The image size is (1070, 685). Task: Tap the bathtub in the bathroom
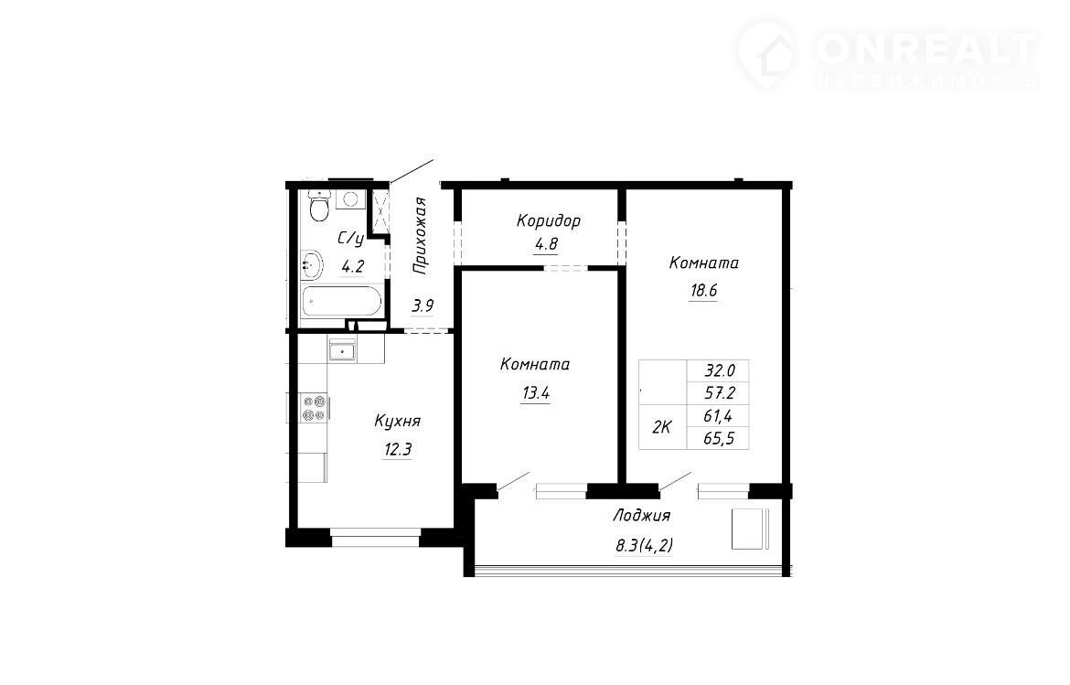point(342,301)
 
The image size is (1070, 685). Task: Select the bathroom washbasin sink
point(311,264)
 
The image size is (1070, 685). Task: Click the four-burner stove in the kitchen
point(314,408)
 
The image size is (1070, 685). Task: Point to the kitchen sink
point(342,350)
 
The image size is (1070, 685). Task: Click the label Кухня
point(397,422)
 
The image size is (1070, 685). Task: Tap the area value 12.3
point(397,450)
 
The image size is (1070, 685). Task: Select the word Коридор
point(549,221)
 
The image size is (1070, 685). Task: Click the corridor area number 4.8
point(546,244)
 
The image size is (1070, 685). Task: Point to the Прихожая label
point(421,235)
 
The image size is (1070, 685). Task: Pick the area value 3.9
point(423,305)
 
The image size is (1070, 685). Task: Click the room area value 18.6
point(703,291)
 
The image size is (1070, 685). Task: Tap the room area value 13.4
point(536,393)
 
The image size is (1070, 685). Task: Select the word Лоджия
point(641,516)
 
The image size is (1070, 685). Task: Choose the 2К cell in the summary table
point(662,427)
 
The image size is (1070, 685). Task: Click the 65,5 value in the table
point(719,439)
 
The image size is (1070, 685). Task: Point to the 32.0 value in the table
point(720,371)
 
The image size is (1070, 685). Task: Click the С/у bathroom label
point(351,239)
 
